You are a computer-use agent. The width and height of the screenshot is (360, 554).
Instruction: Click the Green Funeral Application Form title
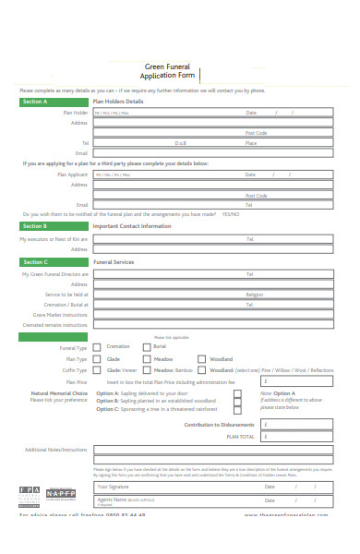171,72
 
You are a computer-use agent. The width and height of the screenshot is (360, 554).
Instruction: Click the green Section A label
35,102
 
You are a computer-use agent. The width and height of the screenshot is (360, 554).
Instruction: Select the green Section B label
35,225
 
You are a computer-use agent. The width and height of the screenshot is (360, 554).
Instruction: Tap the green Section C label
35,262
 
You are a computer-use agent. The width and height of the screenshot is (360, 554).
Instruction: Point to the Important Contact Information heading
132,225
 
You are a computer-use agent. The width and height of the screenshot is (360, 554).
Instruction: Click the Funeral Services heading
114,262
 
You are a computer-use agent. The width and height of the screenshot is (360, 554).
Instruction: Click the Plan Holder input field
162,113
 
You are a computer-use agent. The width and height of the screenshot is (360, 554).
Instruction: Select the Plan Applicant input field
162,175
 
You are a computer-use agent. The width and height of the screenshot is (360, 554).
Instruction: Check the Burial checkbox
147,347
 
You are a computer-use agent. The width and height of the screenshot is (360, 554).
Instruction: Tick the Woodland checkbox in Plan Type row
201,358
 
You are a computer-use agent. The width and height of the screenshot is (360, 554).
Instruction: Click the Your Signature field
175,486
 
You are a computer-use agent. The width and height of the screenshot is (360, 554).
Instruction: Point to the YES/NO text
230,213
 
